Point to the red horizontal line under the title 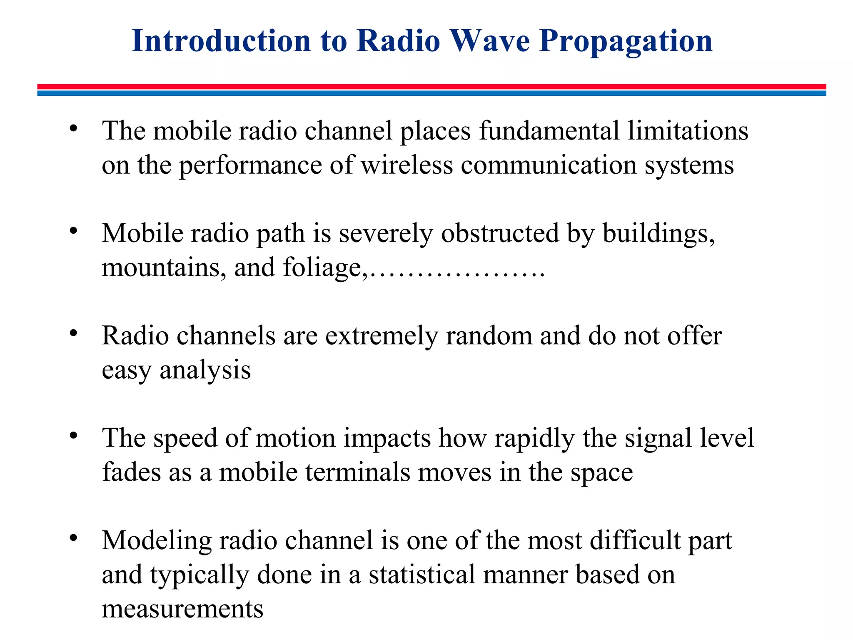431,87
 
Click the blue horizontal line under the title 431,93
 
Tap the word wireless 407,165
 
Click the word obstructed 500,233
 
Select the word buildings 658,234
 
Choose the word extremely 381,336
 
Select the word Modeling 157,541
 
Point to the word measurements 182,609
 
